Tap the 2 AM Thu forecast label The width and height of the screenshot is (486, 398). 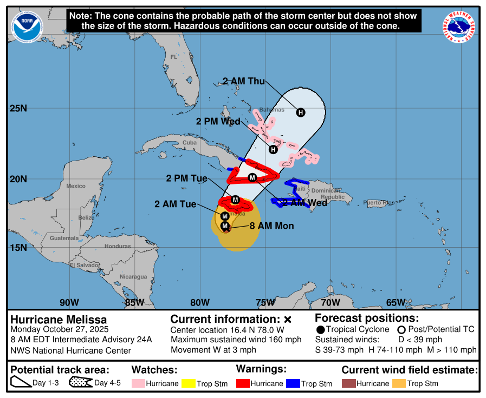pyautogui.click(x=244, y=82)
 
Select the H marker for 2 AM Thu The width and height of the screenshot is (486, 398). pyautogui.click(x=301, y=112)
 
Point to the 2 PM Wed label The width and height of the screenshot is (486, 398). pyautogui.click(x=218, y=121)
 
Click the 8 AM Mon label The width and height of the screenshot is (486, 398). pyautogui.click(x=271, y=225)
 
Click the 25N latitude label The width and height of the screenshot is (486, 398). pyautogui.click(x=18, y=108)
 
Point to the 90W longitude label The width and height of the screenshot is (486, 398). pyautogui.click(x=69, y=302)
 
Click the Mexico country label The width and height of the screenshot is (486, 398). pyautogui.click(x=76, y=186)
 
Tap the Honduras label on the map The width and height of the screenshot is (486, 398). pyautogui.click(x=118, y=246)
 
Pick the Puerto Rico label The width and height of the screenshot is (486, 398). pyautogui.click(x=379, y=203)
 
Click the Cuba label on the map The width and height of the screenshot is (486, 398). pyautogui.click(x=189, y=143)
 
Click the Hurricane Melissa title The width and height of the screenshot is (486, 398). pyautogui.click(x=59, y=319)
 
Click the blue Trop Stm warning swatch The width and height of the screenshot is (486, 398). pyautogui.click(x=293, y=383)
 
